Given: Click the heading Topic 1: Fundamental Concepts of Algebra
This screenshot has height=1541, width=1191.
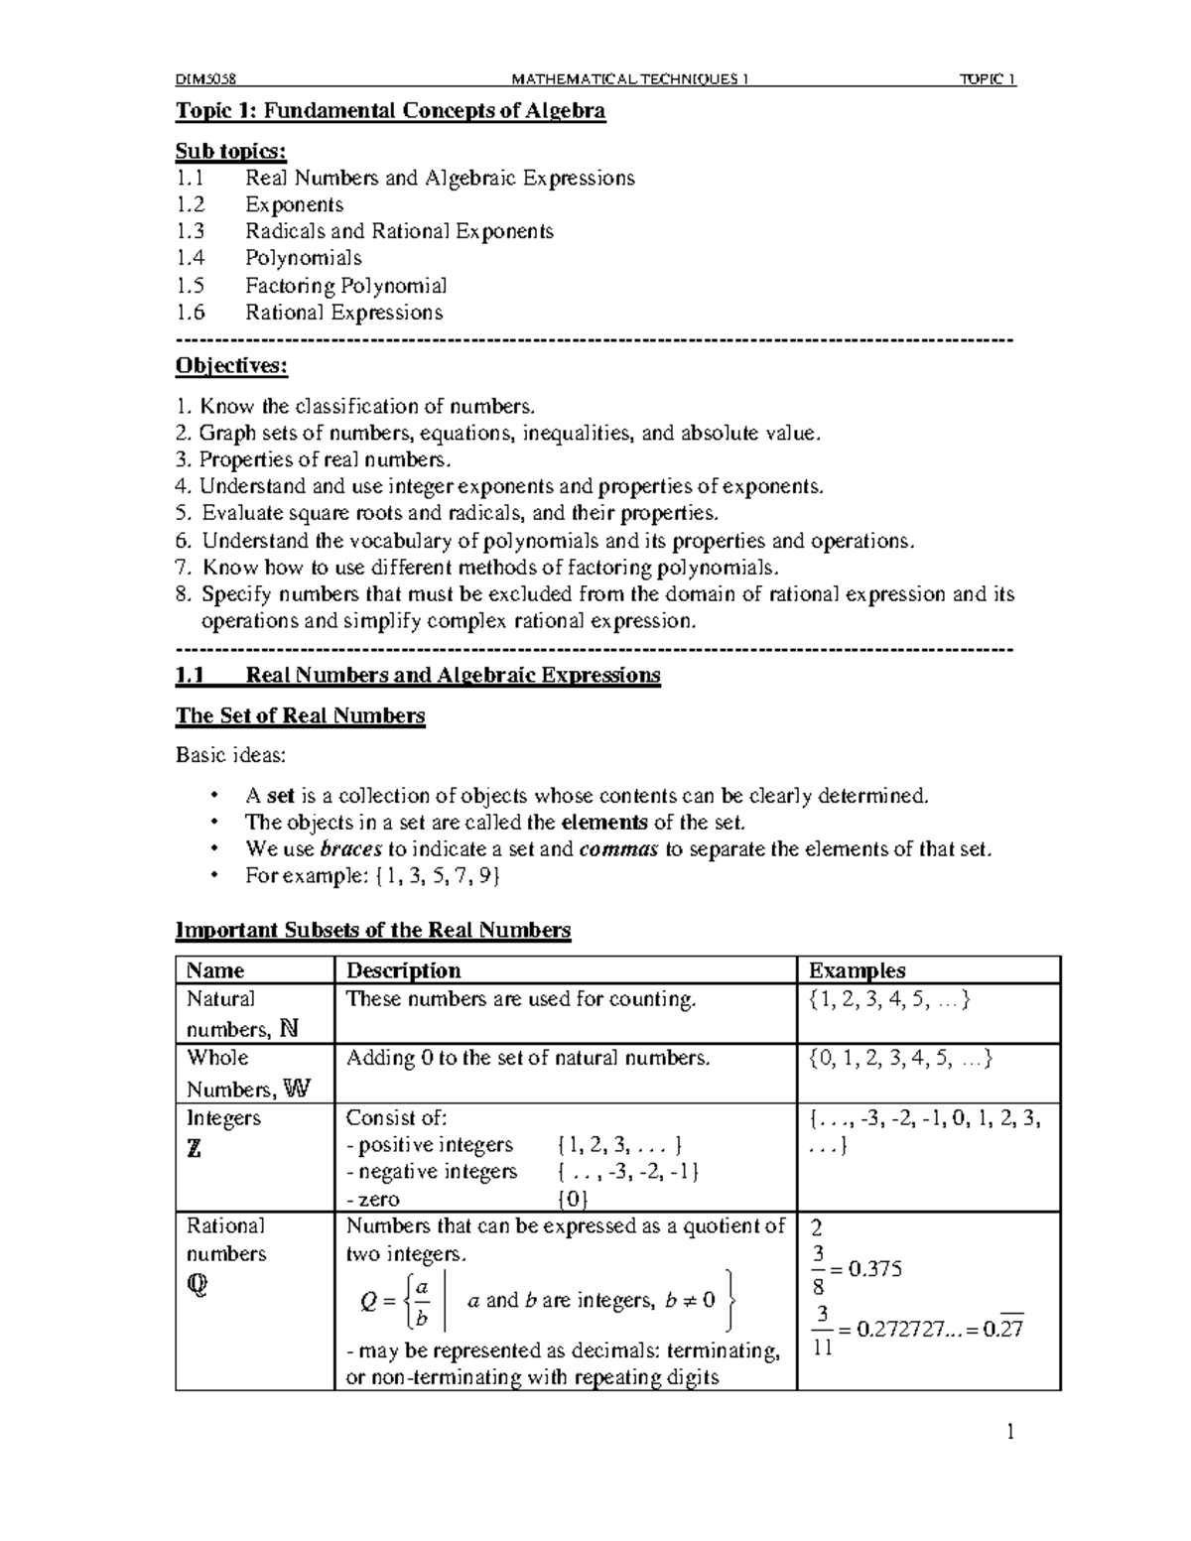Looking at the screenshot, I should coord(390,110).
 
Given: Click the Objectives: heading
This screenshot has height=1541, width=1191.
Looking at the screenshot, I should coord(231,366).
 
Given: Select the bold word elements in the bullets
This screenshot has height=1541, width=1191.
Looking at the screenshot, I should coord(603,823).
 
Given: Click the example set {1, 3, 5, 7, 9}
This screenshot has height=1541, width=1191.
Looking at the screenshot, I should coord(439,876).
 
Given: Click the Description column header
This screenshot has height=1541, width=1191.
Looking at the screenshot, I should coord(403,970).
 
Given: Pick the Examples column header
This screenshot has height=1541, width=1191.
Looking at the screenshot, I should coord(858,970).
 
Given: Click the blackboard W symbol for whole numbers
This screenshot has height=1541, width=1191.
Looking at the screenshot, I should coord(297,1089).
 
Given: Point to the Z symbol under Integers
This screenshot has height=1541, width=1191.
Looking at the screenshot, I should coord(195,1148).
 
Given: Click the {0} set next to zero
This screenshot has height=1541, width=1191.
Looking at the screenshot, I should coord(572,1200).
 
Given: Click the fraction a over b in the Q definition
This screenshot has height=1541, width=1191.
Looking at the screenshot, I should coord(421,1302).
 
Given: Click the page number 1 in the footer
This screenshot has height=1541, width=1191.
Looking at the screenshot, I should coord(1009,1432).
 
